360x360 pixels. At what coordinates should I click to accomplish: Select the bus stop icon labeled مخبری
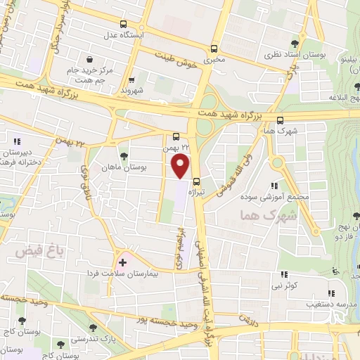[x=214, y=49]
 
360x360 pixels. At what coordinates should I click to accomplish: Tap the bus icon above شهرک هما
[x=280, y=120]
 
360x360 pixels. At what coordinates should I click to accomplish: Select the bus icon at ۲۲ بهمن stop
[x=176, y=136]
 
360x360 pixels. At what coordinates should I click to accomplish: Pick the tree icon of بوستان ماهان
[x=124, y=156]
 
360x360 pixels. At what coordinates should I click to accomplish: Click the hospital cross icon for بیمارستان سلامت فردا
[x=122, y=262]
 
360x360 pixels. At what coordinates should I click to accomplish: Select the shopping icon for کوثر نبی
[x=283, y=274]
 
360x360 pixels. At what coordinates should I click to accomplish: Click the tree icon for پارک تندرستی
[x=93, y=328]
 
